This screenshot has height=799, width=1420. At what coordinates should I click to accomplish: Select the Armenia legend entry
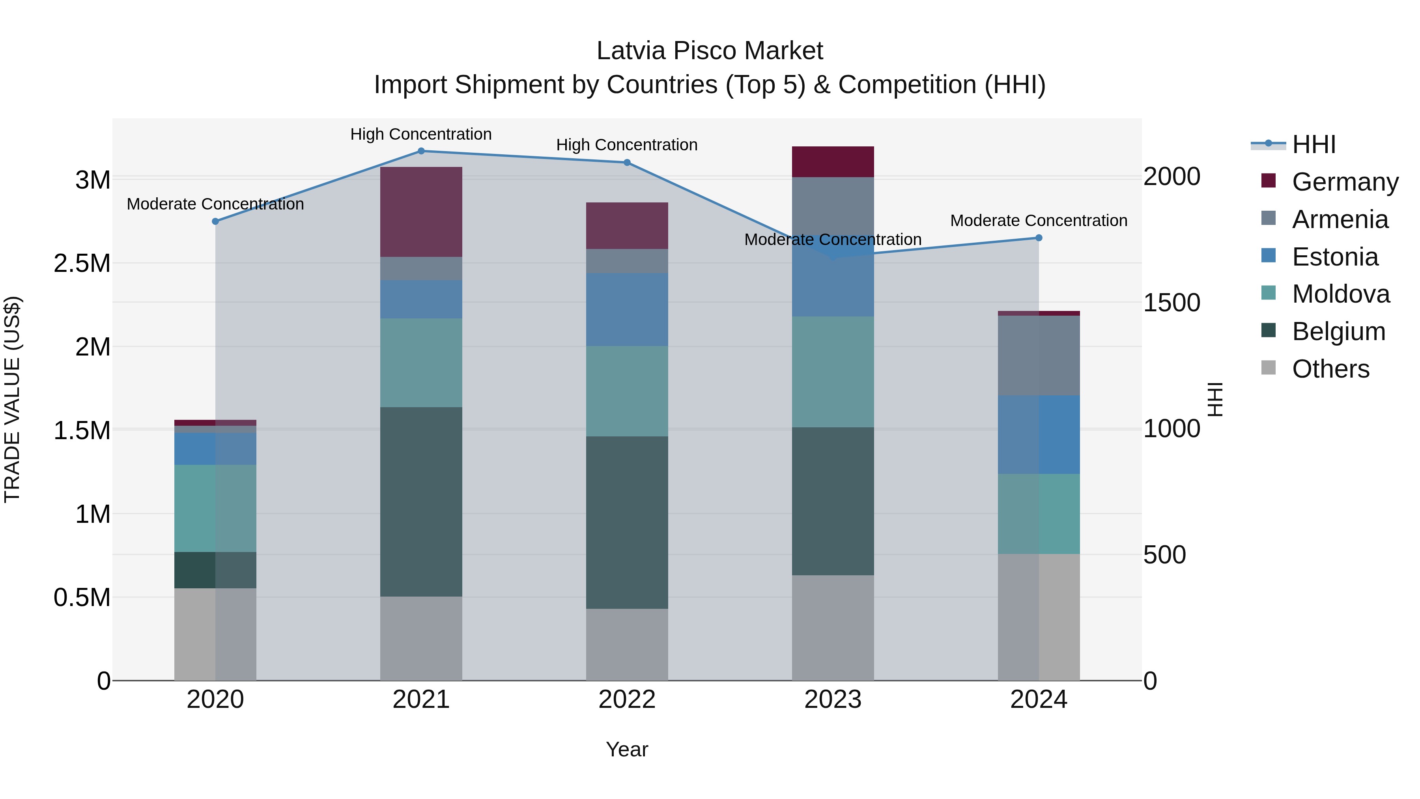[x=1340, y=219]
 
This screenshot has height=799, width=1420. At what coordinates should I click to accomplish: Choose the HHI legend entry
[x=1313, y=144]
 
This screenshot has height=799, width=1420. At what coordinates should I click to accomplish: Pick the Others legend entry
[x=1330, y=369]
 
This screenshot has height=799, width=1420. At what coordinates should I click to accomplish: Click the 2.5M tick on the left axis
[x=82, y=264]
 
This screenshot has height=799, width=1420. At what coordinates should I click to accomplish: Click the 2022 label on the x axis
[x=627, y=700]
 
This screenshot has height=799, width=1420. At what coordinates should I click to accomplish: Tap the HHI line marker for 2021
[x=421, y=151]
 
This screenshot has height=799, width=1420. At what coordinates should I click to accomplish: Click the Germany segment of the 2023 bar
[x=832, y=161]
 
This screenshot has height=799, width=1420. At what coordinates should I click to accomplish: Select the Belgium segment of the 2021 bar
[x=421, y=502]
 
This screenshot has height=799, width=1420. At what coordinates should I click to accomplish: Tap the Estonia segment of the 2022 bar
[x=627, y=309]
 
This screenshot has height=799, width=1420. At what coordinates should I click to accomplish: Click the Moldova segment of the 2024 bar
[x=1039, y=514]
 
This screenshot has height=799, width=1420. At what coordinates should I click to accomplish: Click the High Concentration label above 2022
[x=627, y=145]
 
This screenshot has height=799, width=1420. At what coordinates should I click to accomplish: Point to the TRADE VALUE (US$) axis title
[x=12, y=400]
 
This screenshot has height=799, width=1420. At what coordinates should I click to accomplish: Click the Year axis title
[x=627, y=750]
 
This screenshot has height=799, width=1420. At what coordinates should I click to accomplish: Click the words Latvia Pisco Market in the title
[x=710, y=51]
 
